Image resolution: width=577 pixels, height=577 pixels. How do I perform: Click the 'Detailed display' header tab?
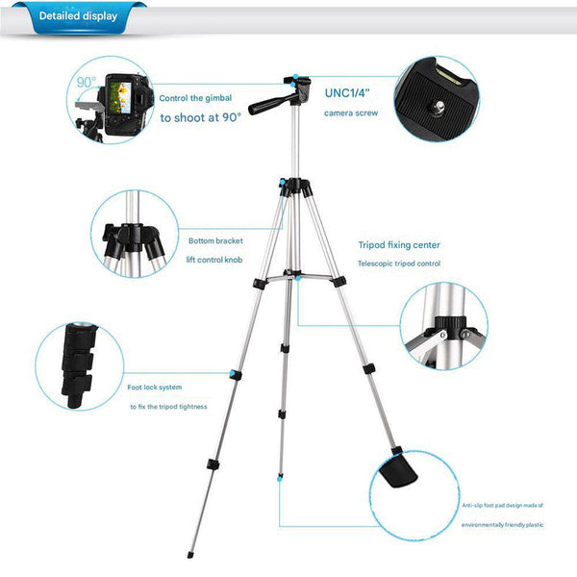(78, 17)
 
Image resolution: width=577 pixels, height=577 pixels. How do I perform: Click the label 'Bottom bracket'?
(215, 240)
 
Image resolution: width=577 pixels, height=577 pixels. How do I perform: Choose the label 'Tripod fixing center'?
(398, 245)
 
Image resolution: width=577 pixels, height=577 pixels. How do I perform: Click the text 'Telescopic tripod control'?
(398, 263)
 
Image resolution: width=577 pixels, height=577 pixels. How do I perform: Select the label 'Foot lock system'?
(155, 388)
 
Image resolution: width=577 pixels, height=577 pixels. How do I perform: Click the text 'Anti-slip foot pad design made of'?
(503, 503)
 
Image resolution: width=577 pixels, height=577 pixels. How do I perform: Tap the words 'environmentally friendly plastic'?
(503, 525)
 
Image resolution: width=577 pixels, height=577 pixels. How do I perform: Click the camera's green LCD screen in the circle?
(122, 95)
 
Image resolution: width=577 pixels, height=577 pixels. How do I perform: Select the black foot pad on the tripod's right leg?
(396, 469)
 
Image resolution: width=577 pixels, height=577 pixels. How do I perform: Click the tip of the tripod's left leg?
(189, 555)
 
